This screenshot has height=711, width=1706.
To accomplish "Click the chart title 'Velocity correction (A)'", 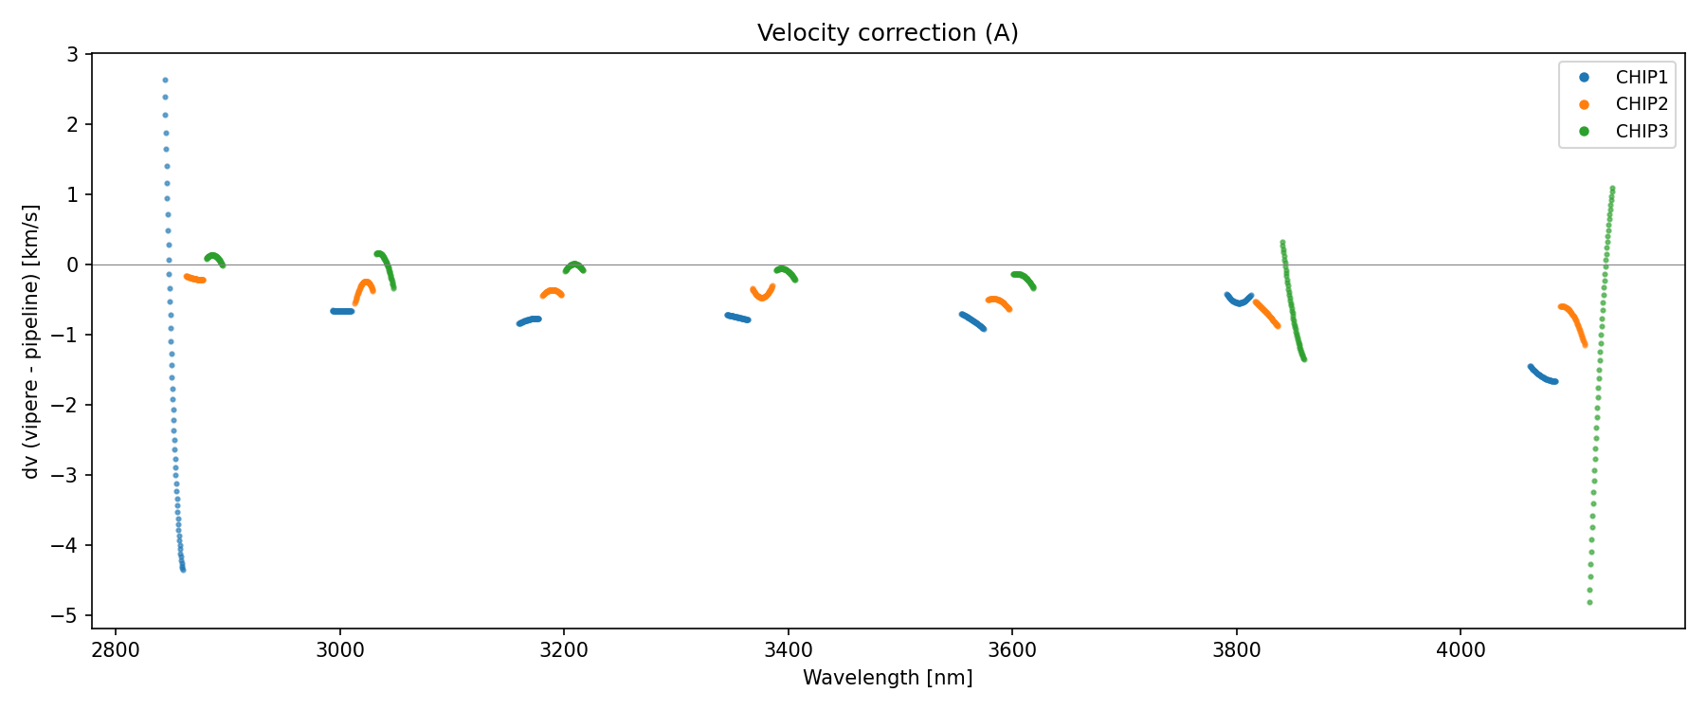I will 887,33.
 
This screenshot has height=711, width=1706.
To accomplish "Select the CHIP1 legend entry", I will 1641,78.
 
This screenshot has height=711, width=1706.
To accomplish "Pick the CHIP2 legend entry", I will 1641,104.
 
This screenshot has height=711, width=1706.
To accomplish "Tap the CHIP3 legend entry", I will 1641,132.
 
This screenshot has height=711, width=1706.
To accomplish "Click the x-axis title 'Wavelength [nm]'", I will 887,678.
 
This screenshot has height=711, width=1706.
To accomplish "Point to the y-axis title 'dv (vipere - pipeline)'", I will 32,341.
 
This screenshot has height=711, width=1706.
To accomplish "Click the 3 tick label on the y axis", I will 73,55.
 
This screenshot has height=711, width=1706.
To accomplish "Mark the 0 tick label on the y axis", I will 73,265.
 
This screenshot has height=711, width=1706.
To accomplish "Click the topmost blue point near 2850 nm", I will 165,81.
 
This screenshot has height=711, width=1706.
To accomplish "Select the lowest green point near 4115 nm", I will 1589,602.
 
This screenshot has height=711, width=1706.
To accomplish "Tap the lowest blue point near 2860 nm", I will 183,570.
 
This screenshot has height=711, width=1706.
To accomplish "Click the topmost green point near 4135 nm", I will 1612,189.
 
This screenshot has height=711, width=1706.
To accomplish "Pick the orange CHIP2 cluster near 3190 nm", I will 553,293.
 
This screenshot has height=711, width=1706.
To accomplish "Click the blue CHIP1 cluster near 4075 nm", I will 1543,376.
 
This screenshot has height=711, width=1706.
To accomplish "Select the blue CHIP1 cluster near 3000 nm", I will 342,311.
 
